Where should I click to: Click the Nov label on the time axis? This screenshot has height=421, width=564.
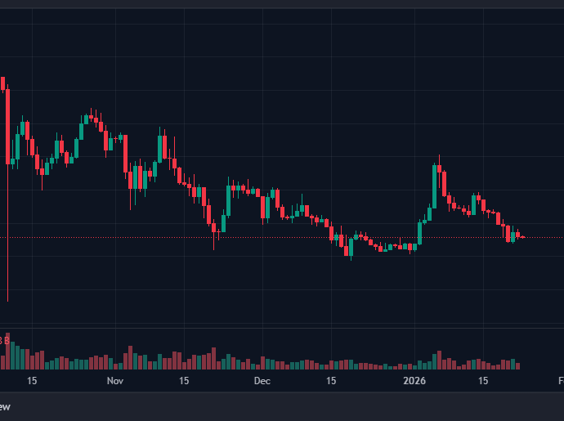click(x=114, y=381)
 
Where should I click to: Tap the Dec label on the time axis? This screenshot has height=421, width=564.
click(x=262, y=381)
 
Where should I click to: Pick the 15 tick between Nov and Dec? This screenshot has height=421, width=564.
click(x=184, y=381)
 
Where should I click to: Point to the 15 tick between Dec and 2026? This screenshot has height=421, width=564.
click(x=331, y=381)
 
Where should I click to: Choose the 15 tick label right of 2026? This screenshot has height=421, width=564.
click(x=483, y=381)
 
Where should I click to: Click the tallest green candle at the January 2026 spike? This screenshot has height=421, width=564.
click(x=434, y=186)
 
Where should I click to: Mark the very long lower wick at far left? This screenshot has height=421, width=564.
click(x=7, y=245)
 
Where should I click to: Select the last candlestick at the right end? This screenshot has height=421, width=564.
click(x=523, y=237)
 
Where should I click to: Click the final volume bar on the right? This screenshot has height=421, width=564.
click(x=517, y=365)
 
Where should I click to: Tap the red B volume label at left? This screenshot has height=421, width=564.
click(x=5, y=339)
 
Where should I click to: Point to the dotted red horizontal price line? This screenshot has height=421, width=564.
click(x=245, y=237)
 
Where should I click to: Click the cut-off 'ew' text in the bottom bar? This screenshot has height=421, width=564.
click(x=5, y=406)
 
